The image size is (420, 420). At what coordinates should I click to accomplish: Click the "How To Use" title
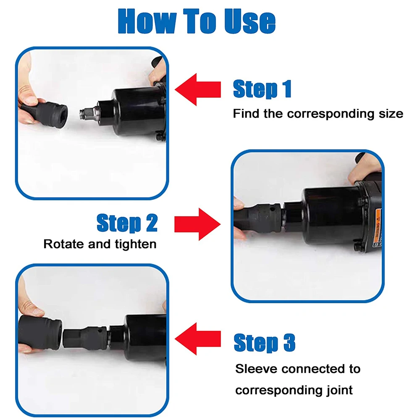[x=197, y=21]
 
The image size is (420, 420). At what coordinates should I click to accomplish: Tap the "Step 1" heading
[x=262, y=89]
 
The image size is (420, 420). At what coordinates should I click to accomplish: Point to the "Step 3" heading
[x=264, y=343]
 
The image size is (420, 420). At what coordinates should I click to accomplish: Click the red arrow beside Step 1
[x=198, y=89]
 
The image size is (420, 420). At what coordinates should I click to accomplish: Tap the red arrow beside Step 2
[x=197, y=224]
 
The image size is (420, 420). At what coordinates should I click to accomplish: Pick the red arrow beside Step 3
[x=198, y=339]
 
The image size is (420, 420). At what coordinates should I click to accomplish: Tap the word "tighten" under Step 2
[x=136, y=244]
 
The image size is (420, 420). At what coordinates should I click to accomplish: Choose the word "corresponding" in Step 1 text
[x=331, y=114]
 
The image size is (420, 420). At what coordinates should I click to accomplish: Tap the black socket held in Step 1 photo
[x=45, y=114]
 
